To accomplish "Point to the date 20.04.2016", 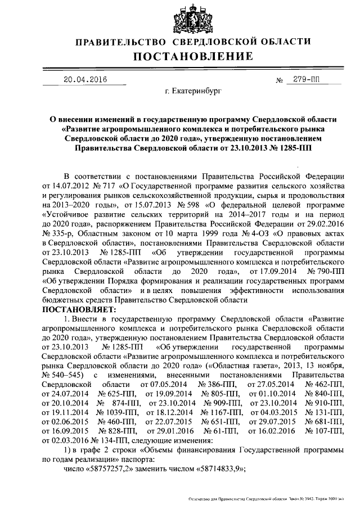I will click(85, 79).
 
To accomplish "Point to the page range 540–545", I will click(65, 373).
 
